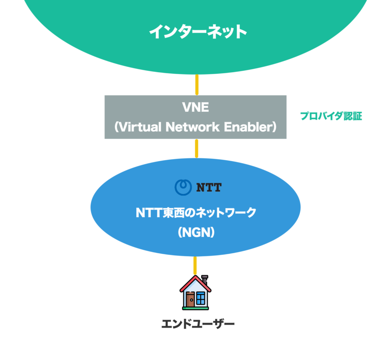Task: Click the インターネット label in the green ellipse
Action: [198, 32]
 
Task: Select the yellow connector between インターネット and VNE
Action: [197, 84]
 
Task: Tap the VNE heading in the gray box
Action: [195, 107]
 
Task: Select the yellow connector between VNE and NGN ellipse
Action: [197, 148]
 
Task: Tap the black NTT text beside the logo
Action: [208, 188]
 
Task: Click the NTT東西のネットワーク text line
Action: [195, 212]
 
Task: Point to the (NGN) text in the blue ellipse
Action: [196, 232]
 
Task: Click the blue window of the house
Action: [200, 298]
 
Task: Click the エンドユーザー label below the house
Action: [197, 324]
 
